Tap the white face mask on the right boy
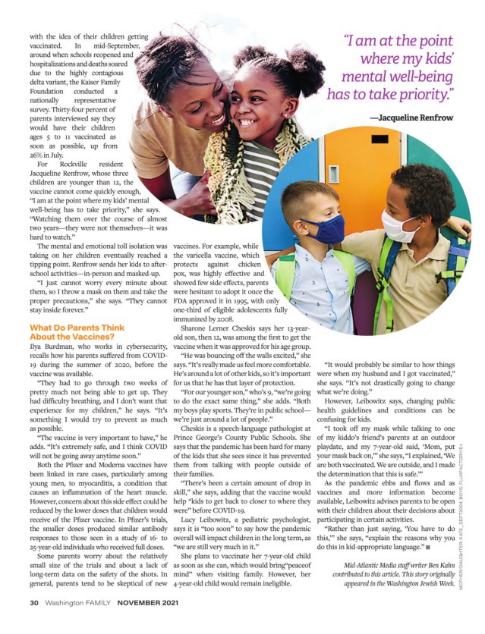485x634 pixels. [398, 225]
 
